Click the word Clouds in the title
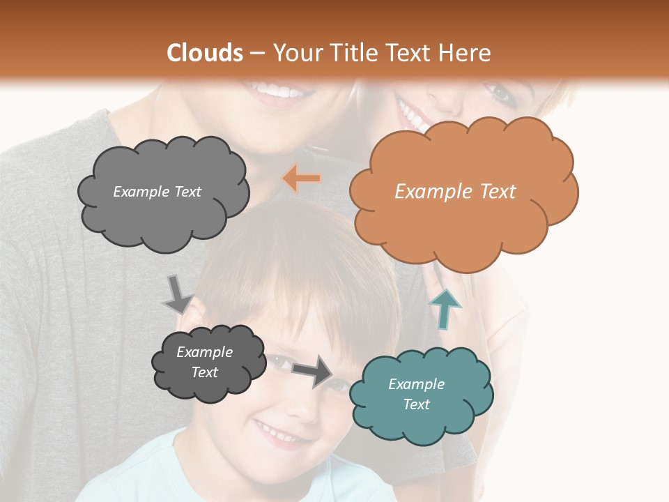[x=206, y=53]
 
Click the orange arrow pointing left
[x=302, y=178]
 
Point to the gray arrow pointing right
[x=313, y=370]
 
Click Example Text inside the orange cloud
[x=455, y=192]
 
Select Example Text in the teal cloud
[x=416, y=394]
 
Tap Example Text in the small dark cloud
[x=204, y=362]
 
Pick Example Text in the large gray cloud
[x=157, y=192]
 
